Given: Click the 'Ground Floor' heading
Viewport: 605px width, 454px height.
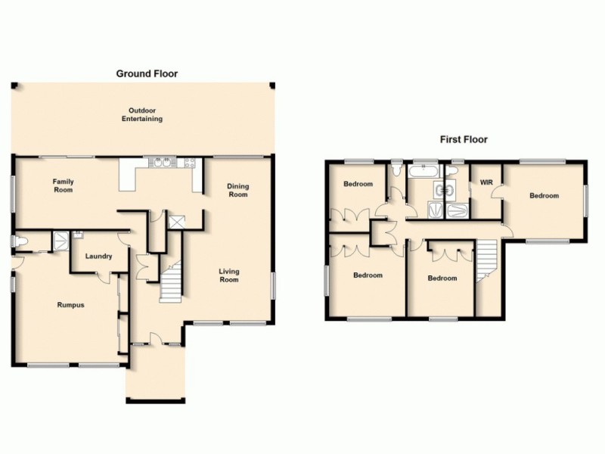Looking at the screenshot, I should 147,73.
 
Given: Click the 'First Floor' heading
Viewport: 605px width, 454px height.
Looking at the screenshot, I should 464,139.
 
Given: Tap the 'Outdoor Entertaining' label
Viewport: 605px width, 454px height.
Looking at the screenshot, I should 143,115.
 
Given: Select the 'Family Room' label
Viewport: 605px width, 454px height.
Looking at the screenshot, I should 63,185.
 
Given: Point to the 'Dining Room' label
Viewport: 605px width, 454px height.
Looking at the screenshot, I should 238,190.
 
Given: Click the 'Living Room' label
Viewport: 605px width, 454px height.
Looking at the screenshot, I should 229,275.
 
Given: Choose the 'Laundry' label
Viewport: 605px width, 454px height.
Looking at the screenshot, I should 98,257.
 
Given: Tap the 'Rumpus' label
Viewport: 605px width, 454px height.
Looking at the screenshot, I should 70,305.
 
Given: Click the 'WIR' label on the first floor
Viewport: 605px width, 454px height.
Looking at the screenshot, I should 487,182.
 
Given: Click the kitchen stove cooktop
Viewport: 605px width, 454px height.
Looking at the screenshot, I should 186,162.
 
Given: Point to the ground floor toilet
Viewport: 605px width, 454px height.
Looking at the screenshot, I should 20,242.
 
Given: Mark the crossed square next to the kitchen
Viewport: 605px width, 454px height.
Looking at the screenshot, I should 178,222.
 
